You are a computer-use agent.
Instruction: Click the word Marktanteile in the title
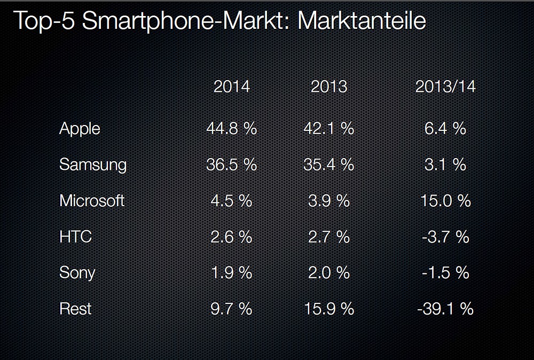(361, 21)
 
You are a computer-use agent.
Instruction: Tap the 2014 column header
(231, 87)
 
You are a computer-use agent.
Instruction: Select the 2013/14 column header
(445, 87)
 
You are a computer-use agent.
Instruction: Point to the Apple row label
(80, 129)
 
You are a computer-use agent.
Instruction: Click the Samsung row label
(93, 165)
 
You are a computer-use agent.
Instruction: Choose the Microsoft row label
(92, 201)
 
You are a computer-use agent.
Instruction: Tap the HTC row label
(75, 237)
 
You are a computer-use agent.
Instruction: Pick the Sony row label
(77, 273)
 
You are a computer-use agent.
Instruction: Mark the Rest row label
(75, 309)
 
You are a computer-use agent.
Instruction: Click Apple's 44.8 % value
(231, 129)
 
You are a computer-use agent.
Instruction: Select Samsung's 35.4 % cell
(328, 165)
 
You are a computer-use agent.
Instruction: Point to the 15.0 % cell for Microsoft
(445, 201)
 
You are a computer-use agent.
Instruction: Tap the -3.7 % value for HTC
(445, 237)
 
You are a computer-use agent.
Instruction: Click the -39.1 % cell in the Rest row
(445, 309)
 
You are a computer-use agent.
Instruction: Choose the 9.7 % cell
(231, 309)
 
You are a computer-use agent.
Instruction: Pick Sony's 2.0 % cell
(328, 273)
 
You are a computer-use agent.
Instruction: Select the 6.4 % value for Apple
(445, 129)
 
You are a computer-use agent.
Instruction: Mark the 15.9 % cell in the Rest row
(328, 309)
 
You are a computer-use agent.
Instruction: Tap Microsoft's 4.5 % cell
(231, 201)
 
